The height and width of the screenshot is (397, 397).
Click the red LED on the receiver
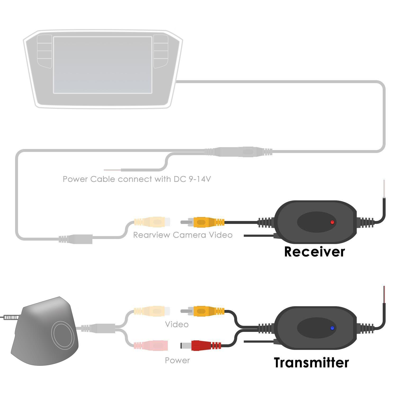(x=332, y=222)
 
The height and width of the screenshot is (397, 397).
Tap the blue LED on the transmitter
(x=332, y=328)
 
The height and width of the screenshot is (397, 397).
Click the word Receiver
(x=314, y=252)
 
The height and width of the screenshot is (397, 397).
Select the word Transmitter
(x=311, y=363)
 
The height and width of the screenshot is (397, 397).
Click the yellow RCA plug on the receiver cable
(x=202, y=222)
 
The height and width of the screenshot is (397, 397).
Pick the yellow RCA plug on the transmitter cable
(x=202, y=310)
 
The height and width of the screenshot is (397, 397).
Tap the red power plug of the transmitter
(x=201, y=346)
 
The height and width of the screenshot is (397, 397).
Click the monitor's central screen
(x=103, y=65)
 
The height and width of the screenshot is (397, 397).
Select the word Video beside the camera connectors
(x=177, y=324)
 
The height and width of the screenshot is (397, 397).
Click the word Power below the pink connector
(x=177, y=360)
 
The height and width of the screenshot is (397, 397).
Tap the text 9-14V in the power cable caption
(x=200, y=179)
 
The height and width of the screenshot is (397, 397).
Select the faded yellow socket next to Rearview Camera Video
(x=152, y=222)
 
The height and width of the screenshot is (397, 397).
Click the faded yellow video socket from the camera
(x=152, y=310)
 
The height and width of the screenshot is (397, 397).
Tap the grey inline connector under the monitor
(x=238, y=152)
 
